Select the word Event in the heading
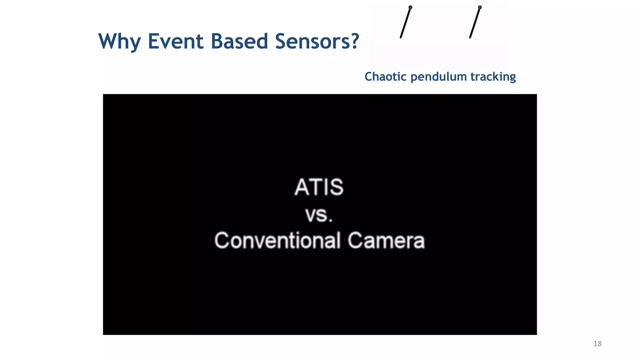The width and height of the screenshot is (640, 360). (176, 41)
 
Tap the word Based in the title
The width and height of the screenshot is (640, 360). (239, 41)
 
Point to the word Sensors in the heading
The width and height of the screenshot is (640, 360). (312, 41)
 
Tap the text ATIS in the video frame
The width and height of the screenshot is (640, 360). (319, 187)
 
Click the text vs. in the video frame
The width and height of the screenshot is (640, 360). (319, 215)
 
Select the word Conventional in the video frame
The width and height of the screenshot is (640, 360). (277, 241)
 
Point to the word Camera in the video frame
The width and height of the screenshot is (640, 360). (386, 241)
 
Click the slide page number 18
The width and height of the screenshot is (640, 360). (597, 344)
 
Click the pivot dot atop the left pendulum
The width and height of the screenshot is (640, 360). (410, 7)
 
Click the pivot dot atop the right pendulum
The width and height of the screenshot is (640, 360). (480, 7)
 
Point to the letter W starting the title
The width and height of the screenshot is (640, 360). (107, 41)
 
